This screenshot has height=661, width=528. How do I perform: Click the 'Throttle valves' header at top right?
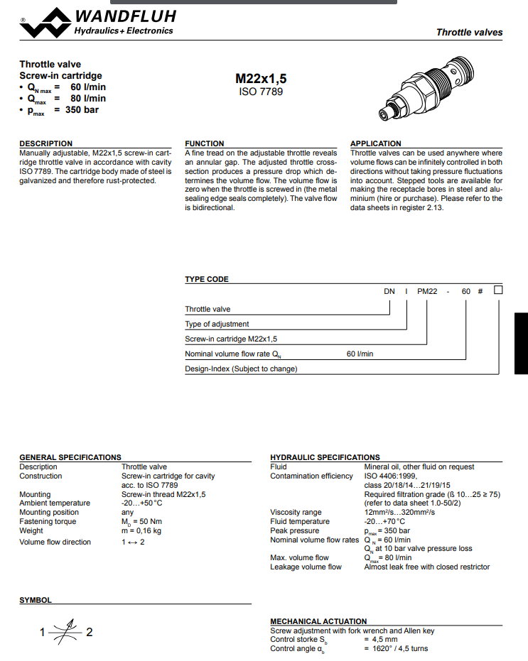point(469,32)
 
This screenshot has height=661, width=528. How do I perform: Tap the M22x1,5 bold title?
point(261,79)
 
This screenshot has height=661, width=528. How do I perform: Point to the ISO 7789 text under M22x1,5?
point(261,92)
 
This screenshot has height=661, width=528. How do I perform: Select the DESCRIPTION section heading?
point(45,143)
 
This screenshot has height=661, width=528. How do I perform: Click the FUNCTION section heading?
point(204,143)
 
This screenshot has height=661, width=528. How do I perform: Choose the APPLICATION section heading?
point(375,143)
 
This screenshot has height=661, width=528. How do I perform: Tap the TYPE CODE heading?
point(207,279)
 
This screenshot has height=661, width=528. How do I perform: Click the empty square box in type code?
point(498,290)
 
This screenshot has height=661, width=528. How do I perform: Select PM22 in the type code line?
point(427,290)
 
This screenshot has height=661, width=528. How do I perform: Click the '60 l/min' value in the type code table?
point(360,354)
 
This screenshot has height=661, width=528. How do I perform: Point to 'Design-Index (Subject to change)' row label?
point(241,368)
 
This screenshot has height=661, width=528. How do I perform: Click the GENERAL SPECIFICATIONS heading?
point(70,457)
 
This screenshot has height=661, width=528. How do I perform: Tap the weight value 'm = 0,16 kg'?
point(141,530)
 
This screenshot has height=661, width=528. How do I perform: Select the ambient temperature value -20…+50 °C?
point(141,503)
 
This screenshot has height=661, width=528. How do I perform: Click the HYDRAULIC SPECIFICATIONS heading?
point(325,457)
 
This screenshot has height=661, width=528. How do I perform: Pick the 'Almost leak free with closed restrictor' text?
point(426,567)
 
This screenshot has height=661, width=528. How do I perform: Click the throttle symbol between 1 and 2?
point(65,631)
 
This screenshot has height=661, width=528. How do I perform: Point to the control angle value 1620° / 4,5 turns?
point(396,648)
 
